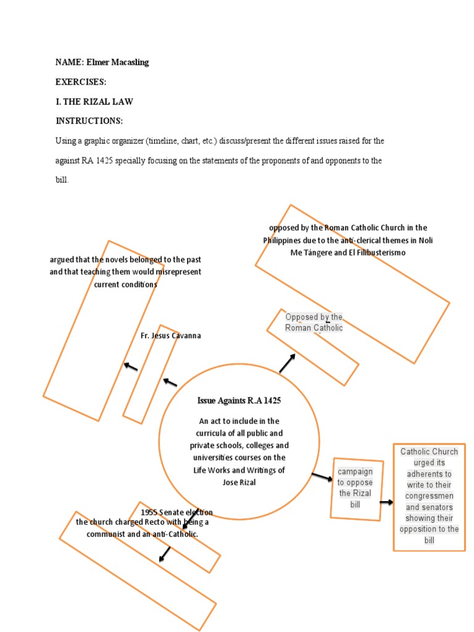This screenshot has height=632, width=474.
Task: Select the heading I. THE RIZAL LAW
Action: pyautogui.click(x=94, y=101)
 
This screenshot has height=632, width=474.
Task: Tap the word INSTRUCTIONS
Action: pyautogui.click(x=89, y=121)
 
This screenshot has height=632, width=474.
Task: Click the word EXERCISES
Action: pyautogui.click(x=81, y=82)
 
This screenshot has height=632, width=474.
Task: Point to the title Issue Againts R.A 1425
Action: pyautogui.click(x=239, y=401)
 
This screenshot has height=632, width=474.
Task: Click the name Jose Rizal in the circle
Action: pyautogui.click(x=239, y=482)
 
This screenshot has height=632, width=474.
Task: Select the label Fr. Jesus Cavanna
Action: pyautogui.click(x=171, y=336)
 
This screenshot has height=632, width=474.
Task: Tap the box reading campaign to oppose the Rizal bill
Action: pyautogui.click(x=355, y=488)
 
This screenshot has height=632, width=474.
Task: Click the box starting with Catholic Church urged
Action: pyautogui.click(x=429, y=496)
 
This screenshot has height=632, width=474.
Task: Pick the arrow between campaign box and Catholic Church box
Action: pyautogui.click(x=386, y=502)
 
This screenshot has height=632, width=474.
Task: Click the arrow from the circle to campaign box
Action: pyautogui.click(x=322, y=477)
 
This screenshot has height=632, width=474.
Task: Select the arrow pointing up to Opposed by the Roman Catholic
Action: pyautogui.click(x=287, y=364)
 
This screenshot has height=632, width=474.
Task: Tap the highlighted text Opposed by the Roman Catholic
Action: pyautogui.click(x=314, y=322)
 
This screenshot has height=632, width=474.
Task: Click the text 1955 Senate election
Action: pyautogui.click(x=177, y=512)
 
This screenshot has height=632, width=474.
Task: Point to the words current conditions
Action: pyautogui.click(x=125, y=285)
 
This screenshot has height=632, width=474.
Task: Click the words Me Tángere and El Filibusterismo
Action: pyautogui.click(x=348, y=252)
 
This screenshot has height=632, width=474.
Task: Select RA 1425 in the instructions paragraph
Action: pyautogui.click(x=97, y=160)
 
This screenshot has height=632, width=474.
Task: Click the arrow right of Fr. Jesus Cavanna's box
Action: pyautogui.click(x=170, y=383)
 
